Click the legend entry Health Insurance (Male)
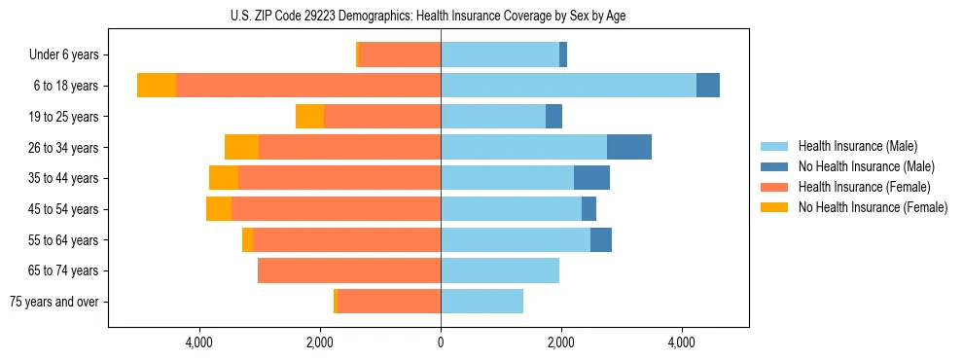pos(857,146)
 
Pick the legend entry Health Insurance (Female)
pos(864,187)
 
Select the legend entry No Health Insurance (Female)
pos(872,207)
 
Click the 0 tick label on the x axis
pos(441,342)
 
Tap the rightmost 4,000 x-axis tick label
pos(681,342)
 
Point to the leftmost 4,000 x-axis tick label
pos(199,342)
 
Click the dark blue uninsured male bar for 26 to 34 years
pos(629,147)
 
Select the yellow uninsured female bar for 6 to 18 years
pos(157,86)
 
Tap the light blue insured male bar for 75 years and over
pos(481,302)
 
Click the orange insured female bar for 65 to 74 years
pos(349,270)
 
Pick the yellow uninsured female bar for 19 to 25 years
pos(309,117)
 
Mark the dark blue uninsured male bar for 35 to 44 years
pos(591,178)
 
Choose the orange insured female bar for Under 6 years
pos(400,55)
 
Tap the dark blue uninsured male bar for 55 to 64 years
pos(601,239)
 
